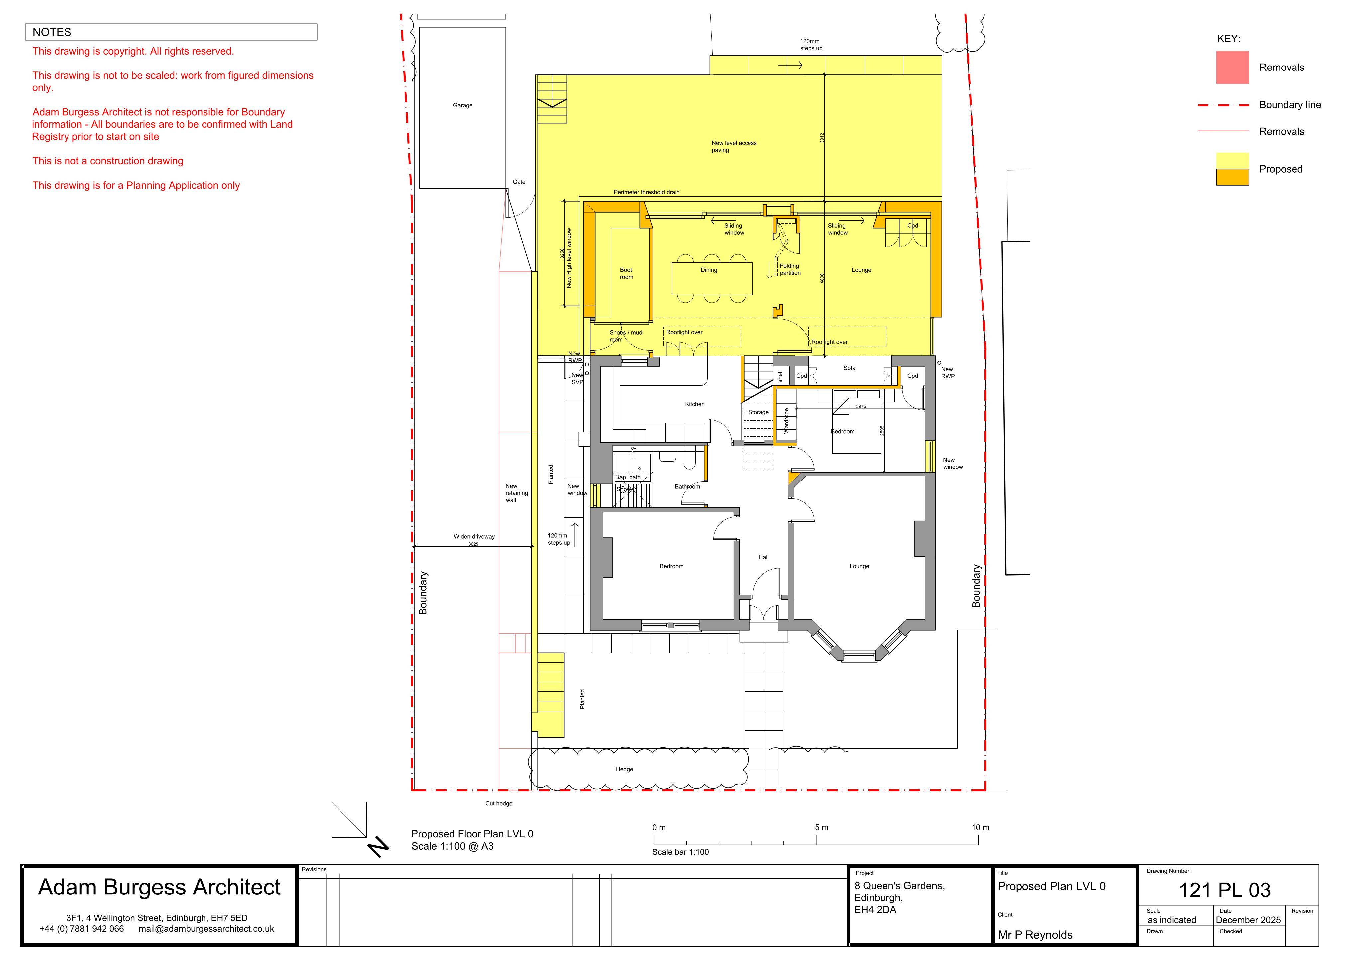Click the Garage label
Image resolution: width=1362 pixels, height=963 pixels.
(462, 106)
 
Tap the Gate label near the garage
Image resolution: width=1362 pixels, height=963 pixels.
(519, 182)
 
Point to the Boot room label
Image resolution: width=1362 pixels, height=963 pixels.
(626, 274)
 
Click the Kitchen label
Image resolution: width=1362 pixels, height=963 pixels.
(695, 404)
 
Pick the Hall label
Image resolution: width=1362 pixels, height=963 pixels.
(763, 557)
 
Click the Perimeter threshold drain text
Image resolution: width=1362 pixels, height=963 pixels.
(647, 192)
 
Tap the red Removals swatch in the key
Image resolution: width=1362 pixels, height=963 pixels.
(1232, 67)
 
